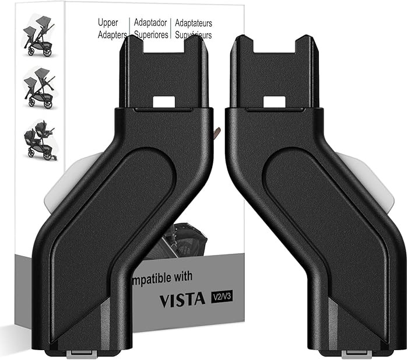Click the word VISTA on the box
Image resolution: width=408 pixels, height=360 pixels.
coord(181,299)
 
